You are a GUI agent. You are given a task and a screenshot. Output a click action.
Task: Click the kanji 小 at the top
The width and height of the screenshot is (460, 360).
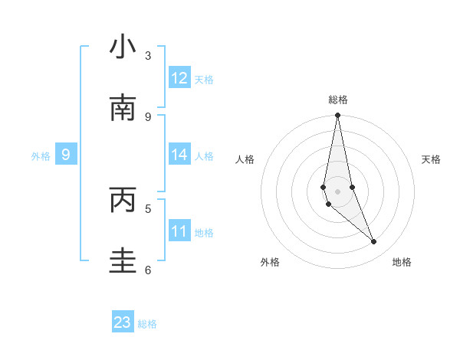(123, 47)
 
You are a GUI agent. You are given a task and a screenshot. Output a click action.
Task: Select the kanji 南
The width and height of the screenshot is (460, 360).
(123, 109)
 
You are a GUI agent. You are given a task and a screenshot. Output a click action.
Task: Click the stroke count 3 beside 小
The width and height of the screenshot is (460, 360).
(148, 55)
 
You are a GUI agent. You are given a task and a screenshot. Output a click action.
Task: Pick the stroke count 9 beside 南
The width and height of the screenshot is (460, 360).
(148, 116)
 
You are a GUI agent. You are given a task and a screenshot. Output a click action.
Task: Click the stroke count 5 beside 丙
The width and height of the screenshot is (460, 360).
(148, 208)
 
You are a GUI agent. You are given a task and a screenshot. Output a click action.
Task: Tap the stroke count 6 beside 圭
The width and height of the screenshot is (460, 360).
(148, 269)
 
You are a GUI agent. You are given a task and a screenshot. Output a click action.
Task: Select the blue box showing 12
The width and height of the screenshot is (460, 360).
(179, 78)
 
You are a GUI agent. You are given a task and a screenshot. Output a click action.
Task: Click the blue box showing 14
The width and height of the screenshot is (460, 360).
(179, 155)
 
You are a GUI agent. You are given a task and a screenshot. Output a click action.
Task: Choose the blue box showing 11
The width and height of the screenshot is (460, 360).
(179, 231)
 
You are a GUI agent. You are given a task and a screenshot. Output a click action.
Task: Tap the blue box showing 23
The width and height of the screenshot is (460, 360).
(123, 322)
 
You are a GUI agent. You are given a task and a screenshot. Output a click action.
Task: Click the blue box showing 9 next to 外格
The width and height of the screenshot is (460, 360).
(66, 155)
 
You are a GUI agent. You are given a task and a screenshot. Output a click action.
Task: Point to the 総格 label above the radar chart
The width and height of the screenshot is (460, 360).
(338, 100)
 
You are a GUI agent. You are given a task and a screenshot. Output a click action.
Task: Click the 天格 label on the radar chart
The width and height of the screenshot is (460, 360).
(431, 159)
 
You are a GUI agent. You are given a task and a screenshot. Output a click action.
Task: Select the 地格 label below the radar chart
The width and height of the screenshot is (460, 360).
(402, 262)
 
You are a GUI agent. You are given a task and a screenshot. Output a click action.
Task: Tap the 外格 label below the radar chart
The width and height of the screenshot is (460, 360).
(270, 262)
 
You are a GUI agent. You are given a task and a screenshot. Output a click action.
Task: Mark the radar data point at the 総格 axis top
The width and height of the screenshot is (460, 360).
(337, 116)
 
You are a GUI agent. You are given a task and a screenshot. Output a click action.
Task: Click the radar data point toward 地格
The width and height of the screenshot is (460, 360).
(373, 242)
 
